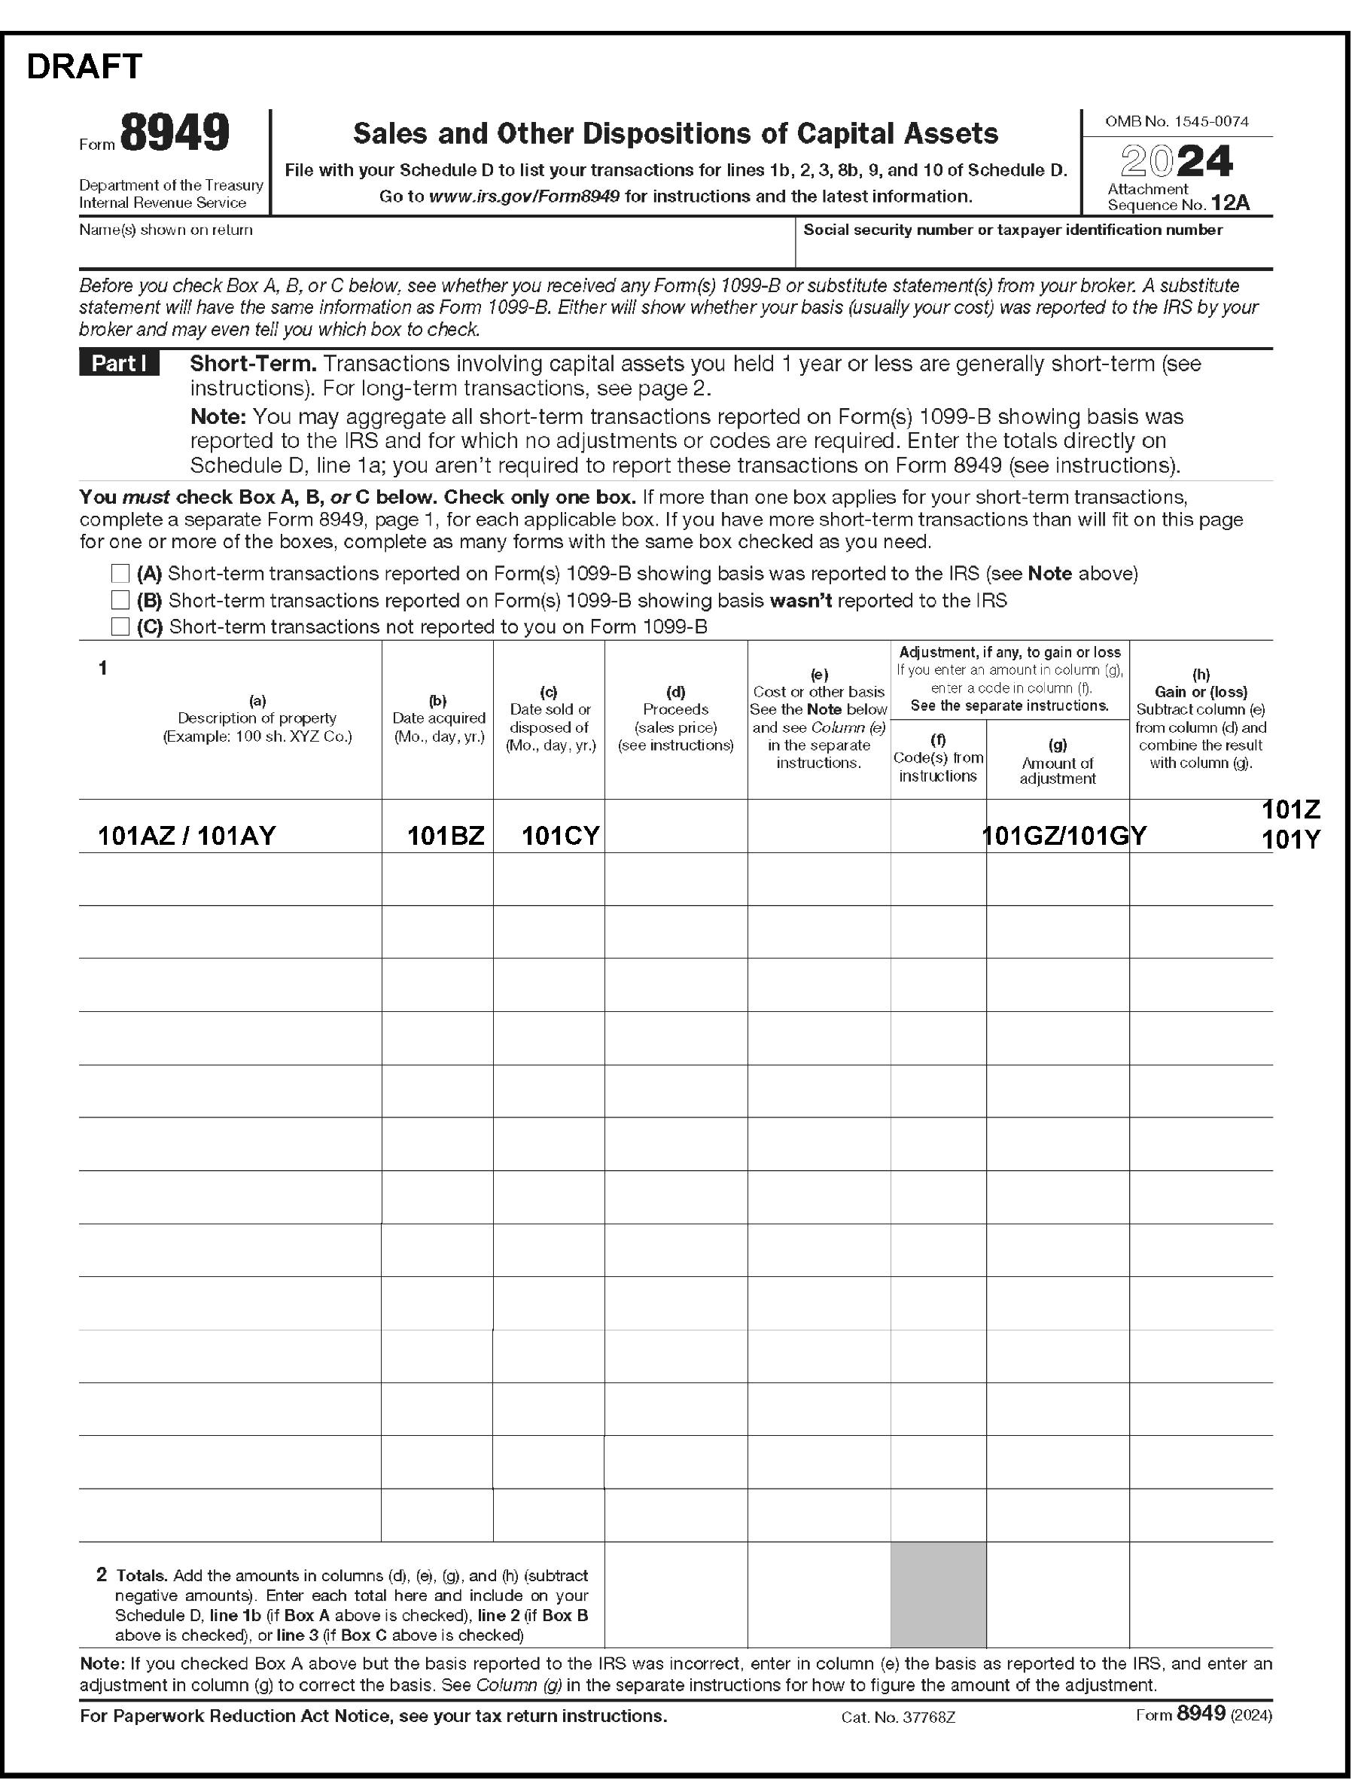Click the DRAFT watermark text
click(x=84, y=66)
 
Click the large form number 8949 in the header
click(x=175, y=133)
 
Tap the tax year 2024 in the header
click(x=1177, y=161)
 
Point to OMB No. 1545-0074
click(x=1177, y=121)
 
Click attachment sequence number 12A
click(x=1230, y=203)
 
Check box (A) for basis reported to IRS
click(x=120, y=573)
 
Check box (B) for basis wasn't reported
click(x=120, y=600)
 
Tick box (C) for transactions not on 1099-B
click(x=120, y=626)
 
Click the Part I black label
click(x=119, y=364)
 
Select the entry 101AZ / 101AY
click(x=187, y=836)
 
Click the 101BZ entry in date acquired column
click(x=446, y=836)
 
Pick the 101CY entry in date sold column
click(x=560, y=836)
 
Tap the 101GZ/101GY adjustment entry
click(x=1064, y=837)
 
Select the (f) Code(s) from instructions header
click(x=937, y=757)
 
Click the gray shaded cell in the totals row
click(x=937, y=1594)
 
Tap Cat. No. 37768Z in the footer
click(x=898, y=1718)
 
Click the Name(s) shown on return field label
click(x=166, y=230)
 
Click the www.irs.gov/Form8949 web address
click(x=524, y=197)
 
